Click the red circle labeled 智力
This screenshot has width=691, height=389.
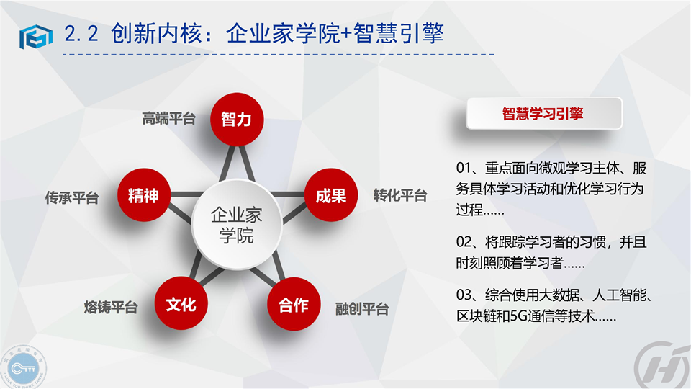[237, 119]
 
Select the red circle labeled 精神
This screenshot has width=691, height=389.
[144, 195]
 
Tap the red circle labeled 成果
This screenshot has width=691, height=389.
[331, 195]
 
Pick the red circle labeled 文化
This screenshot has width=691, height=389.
[181, 303]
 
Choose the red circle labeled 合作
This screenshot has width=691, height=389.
[294, 304]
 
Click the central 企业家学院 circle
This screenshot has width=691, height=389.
[237, 225]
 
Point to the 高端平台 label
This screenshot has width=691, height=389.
[168, 118]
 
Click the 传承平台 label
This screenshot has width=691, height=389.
[72, 197]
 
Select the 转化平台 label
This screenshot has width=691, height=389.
[400, 195]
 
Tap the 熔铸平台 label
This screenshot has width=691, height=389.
[111, 307]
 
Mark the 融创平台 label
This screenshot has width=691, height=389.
[362, 309]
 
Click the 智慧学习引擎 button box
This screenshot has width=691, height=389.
[544, 113]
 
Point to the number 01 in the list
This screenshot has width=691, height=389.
[464, 168]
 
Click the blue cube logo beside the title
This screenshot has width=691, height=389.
[36, 36]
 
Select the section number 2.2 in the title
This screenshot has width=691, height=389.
[81, 34]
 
